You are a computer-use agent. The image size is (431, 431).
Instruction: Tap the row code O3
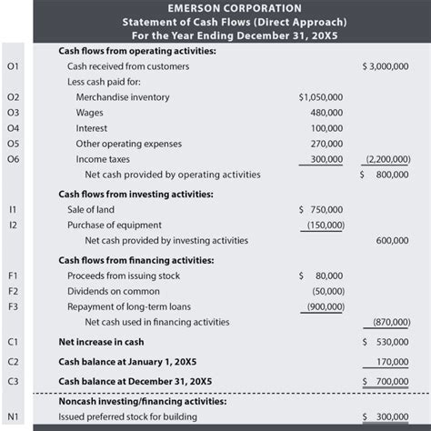coord(13,112)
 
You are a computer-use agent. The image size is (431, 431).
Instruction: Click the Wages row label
coord(89,112)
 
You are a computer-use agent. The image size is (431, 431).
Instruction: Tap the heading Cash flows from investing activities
coord(135,193)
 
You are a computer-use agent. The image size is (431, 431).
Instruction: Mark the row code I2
coord(13,225)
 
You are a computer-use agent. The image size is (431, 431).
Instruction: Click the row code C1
coord(13,342)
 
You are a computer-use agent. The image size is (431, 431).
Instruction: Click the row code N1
coord(13,416)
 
